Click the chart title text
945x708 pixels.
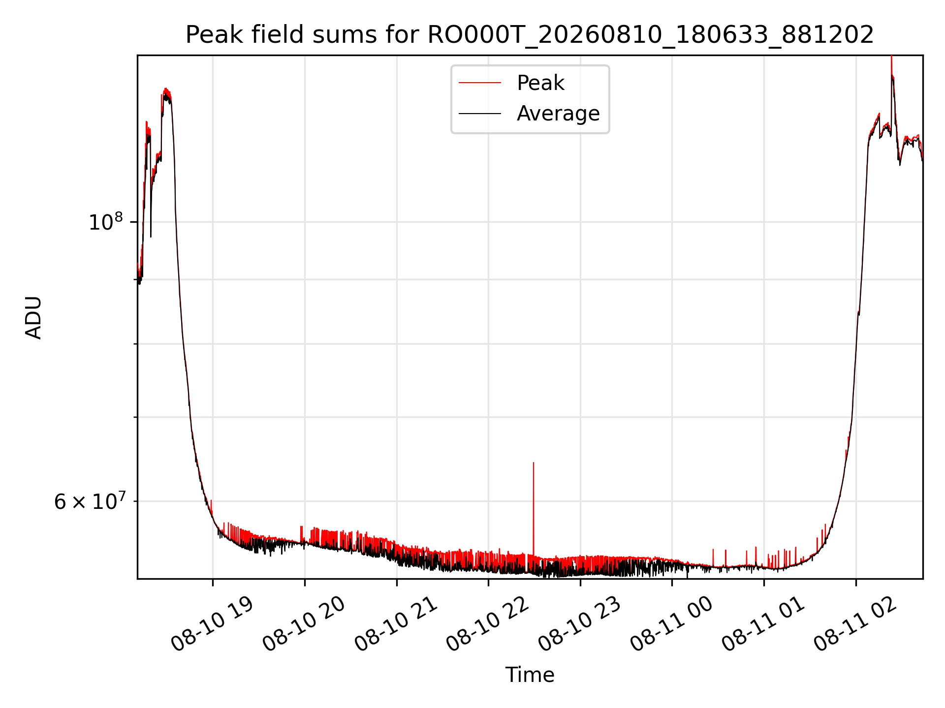530,35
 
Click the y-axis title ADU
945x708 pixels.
33,318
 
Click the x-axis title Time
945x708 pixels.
530,675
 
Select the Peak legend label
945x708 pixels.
540,83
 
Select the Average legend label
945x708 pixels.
558,114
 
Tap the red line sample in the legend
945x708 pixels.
480,83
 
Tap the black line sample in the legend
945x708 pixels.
480,114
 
